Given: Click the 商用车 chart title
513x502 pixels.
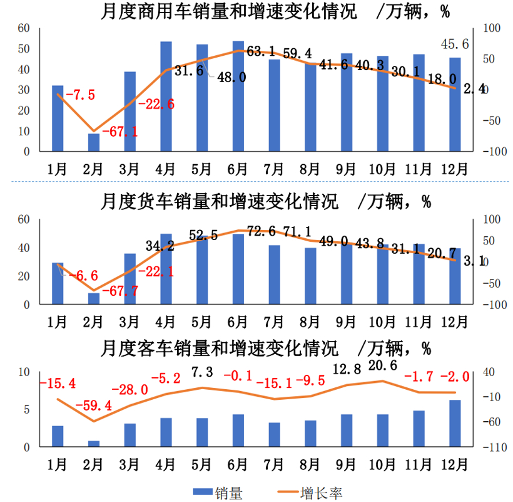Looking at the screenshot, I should pyautogui.click(x=275, y=12).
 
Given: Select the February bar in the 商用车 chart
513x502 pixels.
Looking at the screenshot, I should pyautogui.click(x=94, y=142).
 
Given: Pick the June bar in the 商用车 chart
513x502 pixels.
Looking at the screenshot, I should pyautogui.click(x=238, y=96).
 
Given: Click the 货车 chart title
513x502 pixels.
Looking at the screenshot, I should pyautogui.click(x=266, y=202).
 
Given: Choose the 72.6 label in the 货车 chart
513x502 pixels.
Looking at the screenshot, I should pyautogui.click(x=262, y=233).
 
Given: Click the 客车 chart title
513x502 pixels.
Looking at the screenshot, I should pyautogui.click(x=266, y=347).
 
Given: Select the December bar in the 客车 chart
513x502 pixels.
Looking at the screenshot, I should pyautogui.click(x=455, y=424).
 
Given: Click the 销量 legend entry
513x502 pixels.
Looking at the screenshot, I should pyautogui.click(x=215, y=493).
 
